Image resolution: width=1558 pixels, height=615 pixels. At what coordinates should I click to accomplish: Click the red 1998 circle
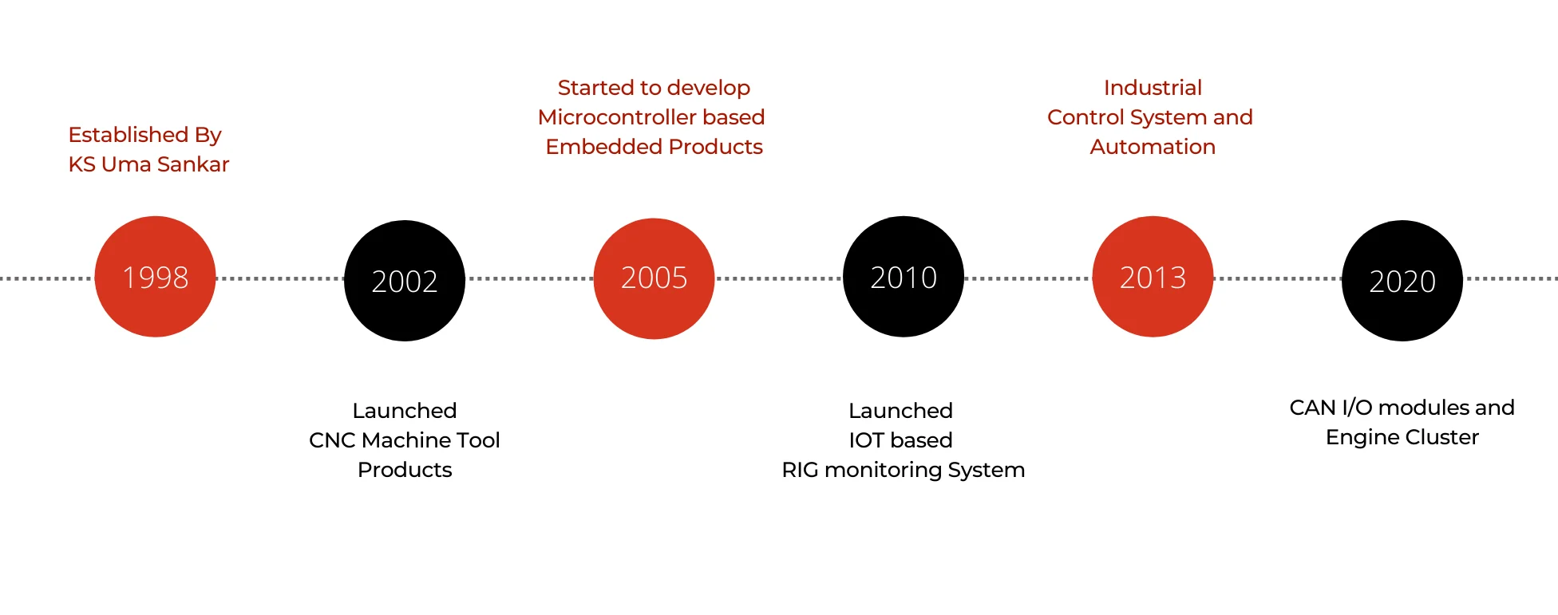click(x=155, y=277)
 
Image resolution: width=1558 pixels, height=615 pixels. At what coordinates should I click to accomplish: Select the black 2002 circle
click(x=405, y=281)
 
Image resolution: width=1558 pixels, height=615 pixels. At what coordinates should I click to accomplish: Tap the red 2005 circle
click(x=654, y=278)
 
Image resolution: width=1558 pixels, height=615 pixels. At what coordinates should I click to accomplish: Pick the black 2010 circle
click(x=904, y=277)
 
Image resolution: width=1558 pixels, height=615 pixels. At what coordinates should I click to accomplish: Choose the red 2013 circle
click(x=1153, y=277)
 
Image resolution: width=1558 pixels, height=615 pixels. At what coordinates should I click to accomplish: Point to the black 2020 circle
click(x=1402, y=281)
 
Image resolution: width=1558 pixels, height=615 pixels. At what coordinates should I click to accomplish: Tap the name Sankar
click(x=193, y=164)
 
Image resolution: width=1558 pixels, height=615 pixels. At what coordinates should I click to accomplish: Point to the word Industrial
click(x=1153, y=88)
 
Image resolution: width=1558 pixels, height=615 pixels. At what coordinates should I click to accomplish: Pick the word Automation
click(x=1153, y=147)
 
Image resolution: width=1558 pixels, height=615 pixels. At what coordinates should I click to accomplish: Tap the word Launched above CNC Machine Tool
click(x=405, y=411)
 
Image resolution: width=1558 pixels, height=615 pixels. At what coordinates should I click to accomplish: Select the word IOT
click(x=866, y=440)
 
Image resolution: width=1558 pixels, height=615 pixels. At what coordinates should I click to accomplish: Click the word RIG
click(x=800, y=470)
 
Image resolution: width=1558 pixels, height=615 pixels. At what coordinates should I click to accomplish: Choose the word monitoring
click(x=883, y=470)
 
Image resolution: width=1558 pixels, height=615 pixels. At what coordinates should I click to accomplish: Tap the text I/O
click(x=1357, y=408)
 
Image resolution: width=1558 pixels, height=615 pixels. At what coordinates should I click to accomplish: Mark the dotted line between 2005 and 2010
click(x=778, y=278)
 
